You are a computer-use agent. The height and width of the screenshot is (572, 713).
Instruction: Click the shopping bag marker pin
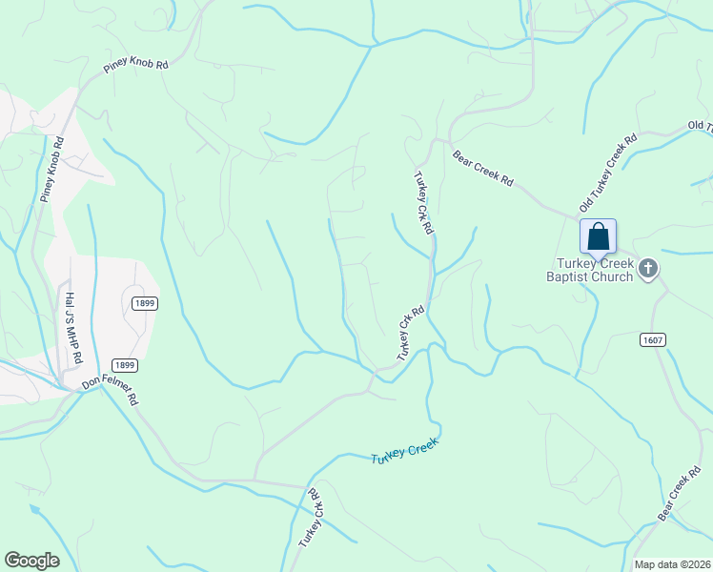click(x=598, y=236)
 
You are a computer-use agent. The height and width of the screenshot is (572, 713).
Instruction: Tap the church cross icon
click(x=647, y=268)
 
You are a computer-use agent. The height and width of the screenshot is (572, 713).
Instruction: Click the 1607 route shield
click(x=652, y=339)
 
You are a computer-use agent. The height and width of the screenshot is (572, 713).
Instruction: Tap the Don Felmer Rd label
click(x=110, y=391)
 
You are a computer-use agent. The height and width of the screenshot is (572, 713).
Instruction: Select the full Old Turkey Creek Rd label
click(x=607, y=173)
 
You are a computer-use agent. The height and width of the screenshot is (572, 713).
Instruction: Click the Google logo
click(x=31, y=561)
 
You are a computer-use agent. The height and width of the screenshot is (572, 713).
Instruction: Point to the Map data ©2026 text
click(x=672, y=564)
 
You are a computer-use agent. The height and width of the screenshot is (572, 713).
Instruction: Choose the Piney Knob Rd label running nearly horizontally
click(x=135, y=70)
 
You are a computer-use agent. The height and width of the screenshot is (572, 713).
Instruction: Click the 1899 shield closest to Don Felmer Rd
click(x=125, y=365)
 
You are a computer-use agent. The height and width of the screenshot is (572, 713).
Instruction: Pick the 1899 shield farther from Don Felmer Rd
click(x=144, y=303)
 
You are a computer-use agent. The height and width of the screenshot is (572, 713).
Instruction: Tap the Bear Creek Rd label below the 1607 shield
click(x=680, y=495)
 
